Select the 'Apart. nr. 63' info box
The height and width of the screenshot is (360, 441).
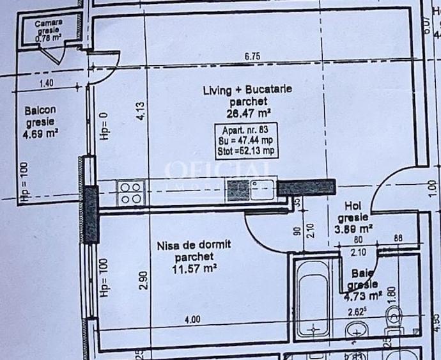click(246, 141)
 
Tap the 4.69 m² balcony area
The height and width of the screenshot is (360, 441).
click(40, 134)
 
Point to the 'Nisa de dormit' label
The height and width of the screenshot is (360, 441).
click(194, 245)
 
